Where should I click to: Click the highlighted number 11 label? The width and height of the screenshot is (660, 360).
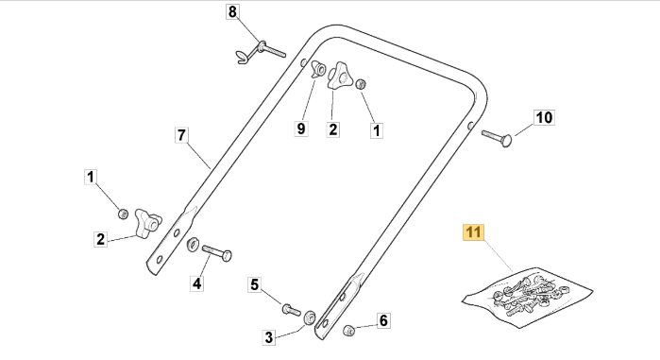pos(474,232)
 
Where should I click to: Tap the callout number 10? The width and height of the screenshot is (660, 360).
pos(544,117)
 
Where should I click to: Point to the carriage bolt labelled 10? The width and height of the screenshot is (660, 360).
pos(497,138)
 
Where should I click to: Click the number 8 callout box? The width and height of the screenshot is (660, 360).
pos(232,11)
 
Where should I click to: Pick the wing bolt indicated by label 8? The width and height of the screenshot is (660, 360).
pos(261,52)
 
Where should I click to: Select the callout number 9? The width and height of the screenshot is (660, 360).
pos(301,129)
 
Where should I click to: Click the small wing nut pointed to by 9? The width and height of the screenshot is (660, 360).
pos(318,69)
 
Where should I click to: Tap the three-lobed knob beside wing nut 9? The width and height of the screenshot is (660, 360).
pos(339,76)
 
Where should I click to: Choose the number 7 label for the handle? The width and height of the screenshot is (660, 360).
pos(181,135)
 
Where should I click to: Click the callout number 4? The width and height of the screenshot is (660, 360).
pos(197,283)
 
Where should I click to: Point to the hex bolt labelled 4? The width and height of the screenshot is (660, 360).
pos(217,252)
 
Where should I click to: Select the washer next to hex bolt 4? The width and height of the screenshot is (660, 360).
pos(194,244)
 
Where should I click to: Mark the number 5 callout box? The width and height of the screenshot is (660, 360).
pos(255,284)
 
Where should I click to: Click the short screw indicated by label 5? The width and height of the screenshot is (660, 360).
pos(291,310)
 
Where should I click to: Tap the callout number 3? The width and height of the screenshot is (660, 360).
pos(269,337)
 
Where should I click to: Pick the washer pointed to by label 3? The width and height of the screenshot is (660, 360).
pos(310,317)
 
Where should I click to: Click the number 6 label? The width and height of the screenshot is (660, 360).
pos(383,320)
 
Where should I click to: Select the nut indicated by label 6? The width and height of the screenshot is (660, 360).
pos(348,330)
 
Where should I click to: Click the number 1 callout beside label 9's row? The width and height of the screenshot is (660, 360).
pos(377,130)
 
